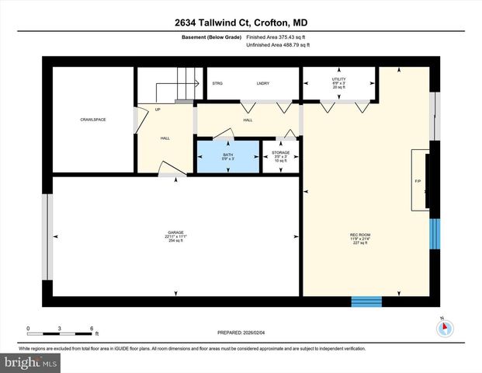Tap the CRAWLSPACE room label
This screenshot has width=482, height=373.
tap(92, 119)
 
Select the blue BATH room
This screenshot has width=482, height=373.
tap(227, 156)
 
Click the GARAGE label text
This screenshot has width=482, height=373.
tap(175, 236)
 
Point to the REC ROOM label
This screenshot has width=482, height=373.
tap(358, 236)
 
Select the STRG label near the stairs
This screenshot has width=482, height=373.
tap(217, 82)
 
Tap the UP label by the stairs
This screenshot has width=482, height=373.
tap(158, 110)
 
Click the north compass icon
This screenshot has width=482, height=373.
tap(445, 328)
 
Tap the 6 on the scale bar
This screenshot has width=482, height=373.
tap(92, 329)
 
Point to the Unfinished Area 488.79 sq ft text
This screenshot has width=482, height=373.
tap(278, 45)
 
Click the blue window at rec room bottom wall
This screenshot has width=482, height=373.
tap(366, 302)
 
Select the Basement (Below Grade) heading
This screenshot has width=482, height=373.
tap(210, 37)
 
